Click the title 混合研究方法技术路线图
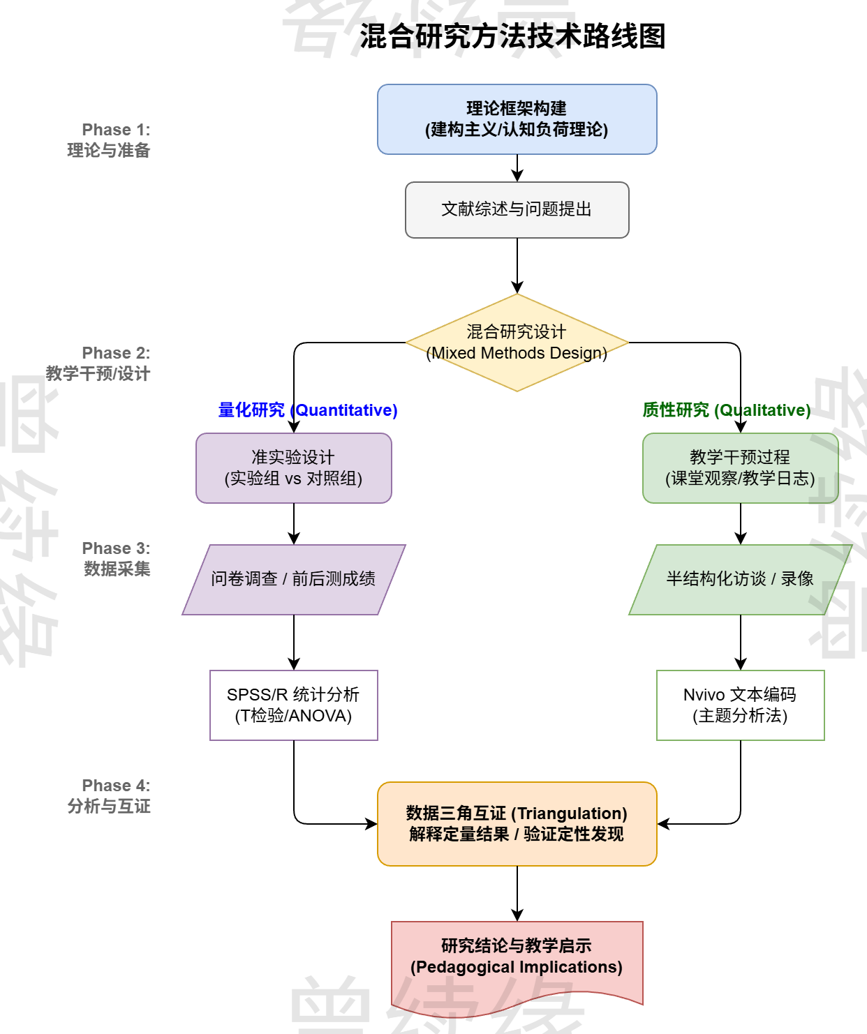point(512,36)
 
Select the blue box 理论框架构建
point(517,119)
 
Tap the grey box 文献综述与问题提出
point(517,209)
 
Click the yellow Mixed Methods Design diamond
point(517,343)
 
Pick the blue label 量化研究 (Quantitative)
point(308,410)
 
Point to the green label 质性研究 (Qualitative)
point(726,410)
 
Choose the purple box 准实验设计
point(293,468)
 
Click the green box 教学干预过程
point(740,468)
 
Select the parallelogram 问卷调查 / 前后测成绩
point(293,579)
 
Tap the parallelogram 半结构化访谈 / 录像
point(740,579)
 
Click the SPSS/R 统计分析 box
point(293,705)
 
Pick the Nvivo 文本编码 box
point(740,705)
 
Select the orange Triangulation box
point(517,823)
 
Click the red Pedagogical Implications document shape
point(517,957)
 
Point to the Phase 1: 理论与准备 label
point(110,140)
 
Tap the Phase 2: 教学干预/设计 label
point(98,364)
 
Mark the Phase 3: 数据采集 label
point(117,559)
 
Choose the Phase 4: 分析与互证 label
point(110,796)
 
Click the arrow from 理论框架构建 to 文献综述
point(517,167)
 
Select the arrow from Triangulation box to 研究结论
point(517,893)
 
